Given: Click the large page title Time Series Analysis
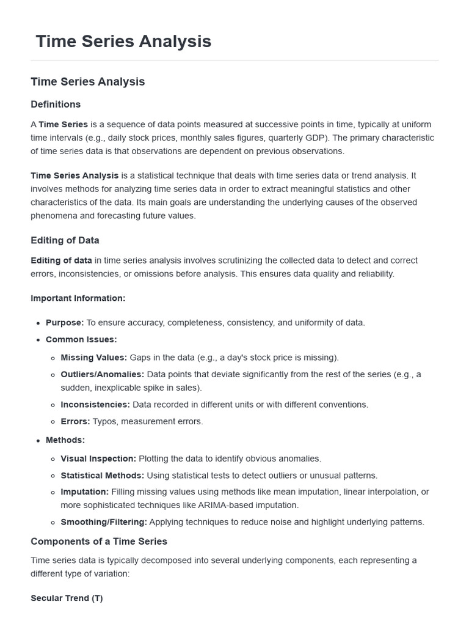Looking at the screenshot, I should [123, 41].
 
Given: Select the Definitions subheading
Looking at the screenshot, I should [56, 104].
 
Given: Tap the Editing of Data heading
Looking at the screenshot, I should [65, 240].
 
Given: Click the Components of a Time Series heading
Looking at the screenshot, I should [99, 541].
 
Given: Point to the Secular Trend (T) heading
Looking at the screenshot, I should [67, 598].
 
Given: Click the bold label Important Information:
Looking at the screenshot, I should [78, 298].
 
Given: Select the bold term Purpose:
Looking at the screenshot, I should [65, 322].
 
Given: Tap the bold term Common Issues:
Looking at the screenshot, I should [81, 339].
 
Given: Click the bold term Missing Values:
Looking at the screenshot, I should [94, 357].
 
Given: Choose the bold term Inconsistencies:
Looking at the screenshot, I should [95, 404].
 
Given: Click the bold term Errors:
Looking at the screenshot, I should [75, 421].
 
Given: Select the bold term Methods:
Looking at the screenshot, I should [65, 440].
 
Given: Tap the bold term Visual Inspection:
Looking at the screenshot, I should [98, 458].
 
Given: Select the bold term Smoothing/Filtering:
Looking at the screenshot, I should [104, 521].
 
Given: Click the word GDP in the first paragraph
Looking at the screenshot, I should [335, 138].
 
